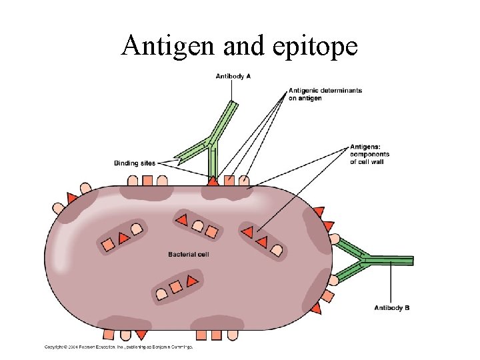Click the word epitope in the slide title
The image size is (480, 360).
tap(317, 45)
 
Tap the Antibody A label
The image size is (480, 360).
tap(233, 76)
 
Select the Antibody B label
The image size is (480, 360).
tap(392, 307)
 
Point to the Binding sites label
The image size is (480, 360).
tap(135, 163)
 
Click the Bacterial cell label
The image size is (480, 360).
tap(189, 254)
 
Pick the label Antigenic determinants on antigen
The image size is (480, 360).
tap(325, 94)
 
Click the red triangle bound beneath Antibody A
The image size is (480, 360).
tap(213, 180)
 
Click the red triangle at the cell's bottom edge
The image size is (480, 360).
tap(141, 334)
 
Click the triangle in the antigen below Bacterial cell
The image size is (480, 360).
tap(191, 281)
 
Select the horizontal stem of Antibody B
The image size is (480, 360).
tap(393, 260)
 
